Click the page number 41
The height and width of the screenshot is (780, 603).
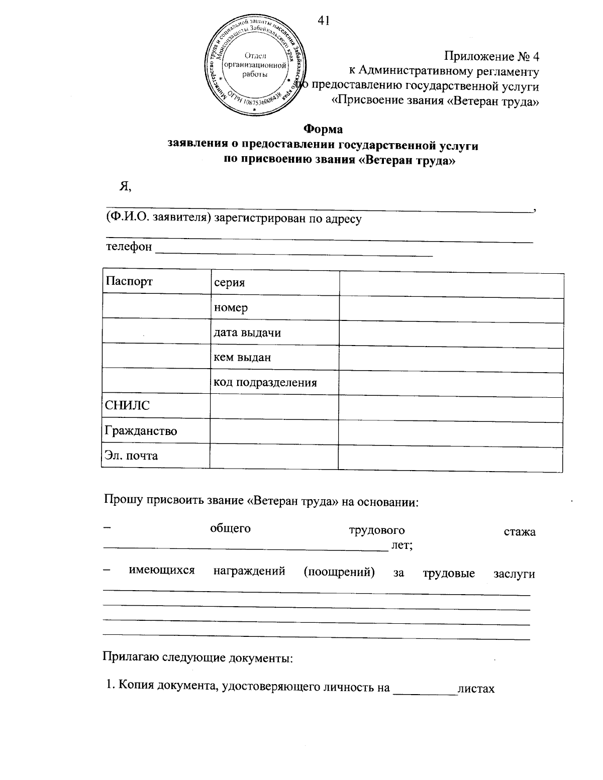[324, 21]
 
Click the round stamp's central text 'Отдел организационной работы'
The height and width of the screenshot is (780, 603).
[256, 65]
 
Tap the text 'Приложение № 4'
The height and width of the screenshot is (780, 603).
[492, 56]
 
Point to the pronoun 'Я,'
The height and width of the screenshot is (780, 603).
[125, 186]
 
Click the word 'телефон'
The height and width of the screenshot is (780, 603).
[129, 247]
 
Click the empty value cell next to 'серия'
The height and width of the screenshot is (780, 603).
[451, 284]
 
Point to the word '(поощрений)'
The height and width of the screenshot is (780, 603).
[339, 572]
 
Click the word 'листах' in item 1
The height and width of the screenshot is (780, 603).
[476, 688]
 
